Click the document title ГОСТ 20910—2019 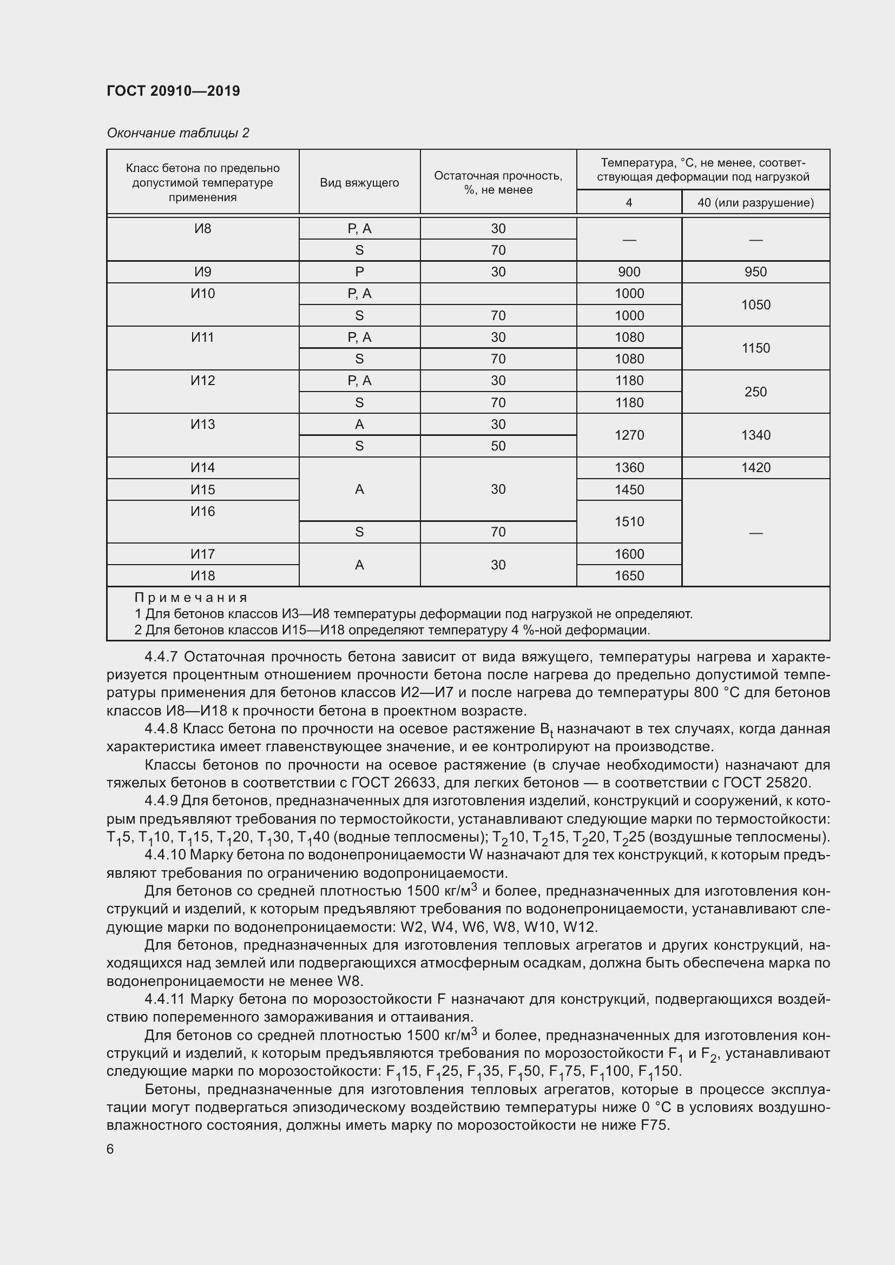173,91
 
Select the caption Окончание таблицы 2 177,133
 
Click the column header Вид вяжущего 359,183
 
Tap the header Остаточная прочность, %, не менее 498,183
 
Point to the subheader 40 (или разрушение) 755,203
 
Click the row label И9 203,271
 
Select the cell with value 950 755,271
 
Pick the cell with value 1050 755,304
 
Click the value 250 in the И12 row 755,392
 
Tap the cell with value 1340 755,435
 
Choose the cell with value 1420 755,468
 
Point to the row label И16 203,511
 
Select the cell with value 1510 629,522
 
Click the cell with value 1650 629,576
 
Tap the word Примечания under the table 190,598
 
